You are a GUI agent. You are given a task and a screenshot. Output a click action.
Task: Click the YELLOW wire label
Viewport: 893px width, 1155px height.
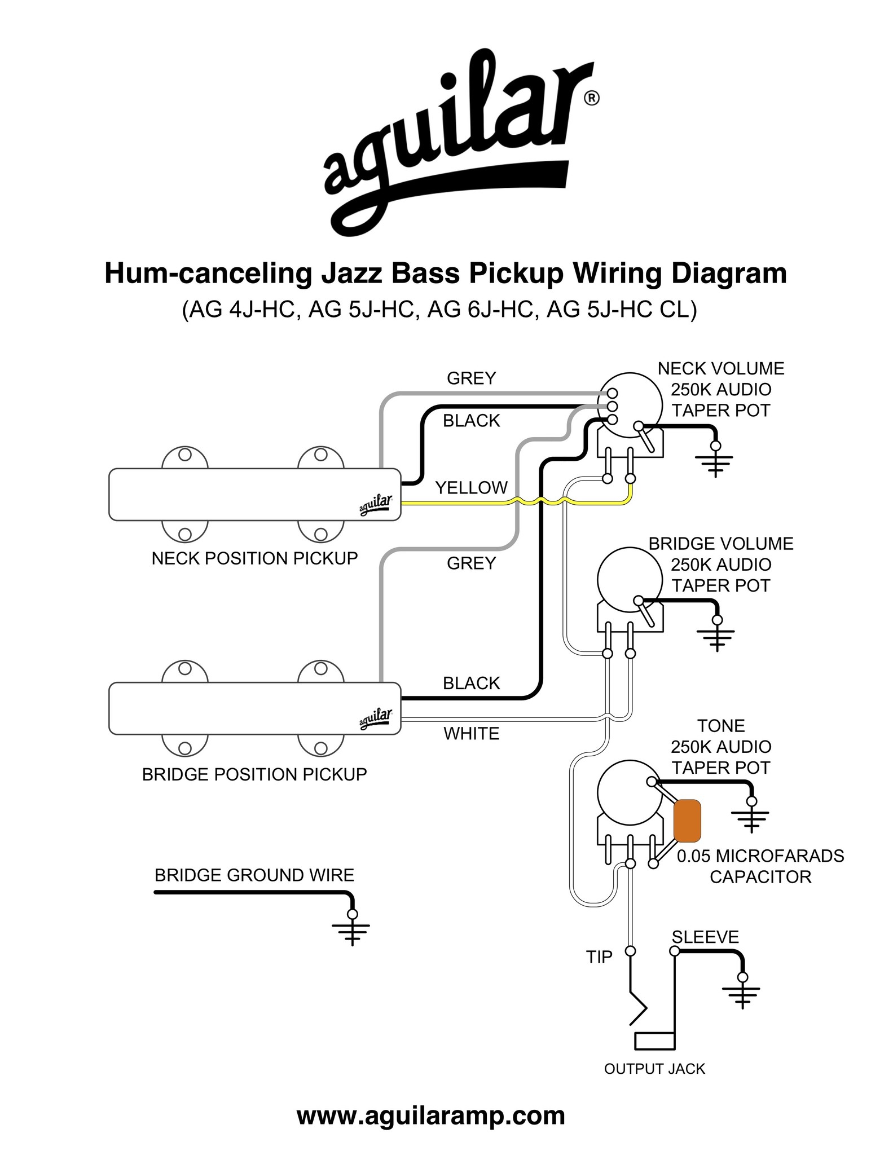point(471,487)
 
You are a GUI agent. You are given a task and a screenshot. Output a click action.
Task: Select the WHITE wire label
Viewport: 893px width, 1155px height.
point(471,734)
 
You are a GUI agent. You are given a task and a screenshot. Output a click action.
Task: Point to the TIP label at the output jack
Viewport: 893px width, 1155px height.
point(599,957)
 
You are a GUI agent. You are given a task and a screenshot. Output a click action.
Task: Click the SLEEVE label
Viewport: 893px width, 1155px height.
point(705,937)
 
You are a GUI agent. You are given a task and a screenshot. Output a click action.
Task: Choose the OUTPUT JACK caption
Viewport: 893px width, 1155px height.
point(654,1069)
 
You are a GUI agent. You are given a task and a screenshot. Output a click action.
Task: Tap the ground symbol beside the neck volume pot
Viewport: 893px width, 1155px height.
point(715,462)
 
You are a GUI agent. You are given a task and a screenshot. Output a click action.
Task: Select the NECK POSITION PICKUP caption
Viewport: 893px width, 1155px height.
point(254,558)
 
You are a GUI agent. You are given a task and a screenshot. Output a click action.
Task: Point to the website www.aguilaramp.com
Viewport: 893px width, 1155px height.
point(430,1116)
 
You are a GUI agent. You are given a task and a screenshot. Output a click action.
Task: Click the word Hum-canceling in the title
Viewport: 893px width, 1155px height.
point(208,274)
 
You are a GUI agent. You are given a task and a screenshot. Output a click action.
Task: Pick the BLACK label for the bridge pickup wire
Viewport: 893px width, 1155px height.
point(471,683)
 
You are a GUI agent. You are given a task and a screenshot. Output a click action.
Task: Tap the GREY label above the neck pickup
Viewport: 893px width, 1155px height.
point(471,378)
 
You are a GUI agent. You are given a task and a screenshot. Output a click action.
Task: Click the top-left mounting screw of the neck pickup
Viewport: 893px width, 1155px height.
point(184,455)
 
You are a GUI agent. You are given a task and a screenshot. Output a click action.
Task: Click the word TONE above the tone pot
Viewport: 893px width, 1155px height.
point(720,726)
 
